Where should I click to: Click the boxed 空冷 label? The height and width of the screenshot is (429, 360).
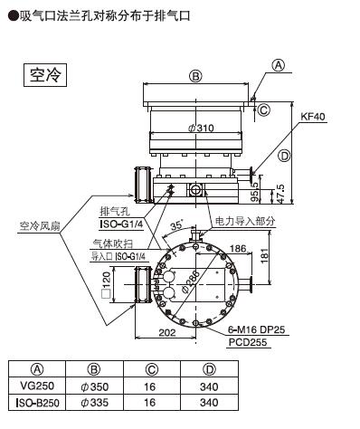coord(45,75)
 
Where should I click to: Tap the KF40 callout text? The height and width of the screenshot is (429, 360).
coord(313,117)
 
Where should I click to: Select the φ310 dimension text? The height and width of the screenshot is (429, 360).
coord(201,129)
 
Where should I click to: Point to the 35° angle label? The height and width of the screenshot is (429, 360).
coord(176,225)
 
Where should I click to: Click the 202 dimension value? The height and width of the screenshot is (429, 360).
coord(167,332)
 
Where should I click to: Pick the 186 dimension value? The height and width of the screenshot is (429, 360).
coord(238,249)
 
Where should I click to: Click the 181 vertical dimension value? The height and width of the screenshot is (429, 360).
coord(264,255)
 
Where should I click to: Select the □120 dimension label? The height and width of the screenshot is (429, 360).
coord(106,285)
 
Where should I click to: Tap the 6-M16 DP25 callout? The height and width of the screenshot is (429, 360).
coord(256,329)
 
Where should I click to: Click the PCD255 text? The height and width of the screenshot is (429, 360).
coord(248,342)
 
